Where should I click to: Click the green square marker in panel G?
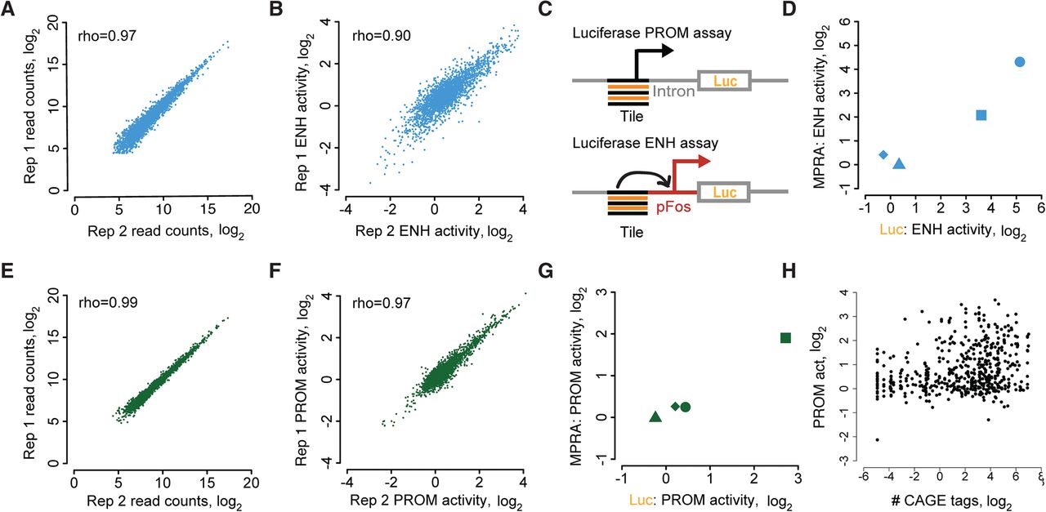(x=785, y=337)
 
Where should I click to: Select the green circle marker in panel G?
(x=686, y=407)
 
